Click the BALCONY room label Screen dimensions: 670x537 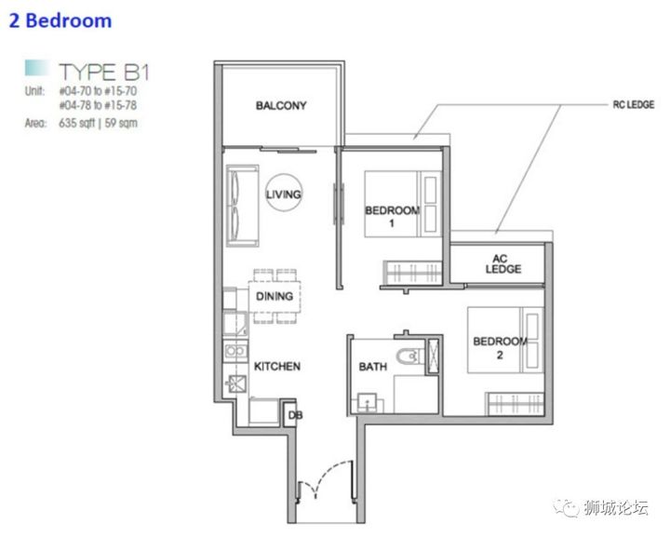281,105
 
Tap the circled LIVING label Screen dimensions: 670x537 284,195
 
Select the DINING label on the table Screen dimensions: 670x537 275,296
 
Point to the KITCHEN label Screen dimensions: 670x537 277,366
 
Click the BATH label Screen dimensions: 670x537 372,367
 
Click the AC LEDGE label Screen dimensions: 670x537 502,263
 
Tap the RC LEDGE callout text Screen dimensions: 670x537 634,104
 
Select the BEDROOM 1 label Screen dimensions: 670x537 393,216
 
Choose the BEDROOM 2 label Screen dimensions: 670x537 500,348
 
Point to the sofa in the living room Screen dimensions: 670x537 242,206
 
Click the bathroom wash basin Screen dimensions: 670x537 367,402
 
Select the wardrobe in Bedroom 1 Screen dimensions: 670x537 412,273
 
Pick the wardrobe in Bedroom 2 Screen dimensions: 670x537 515,403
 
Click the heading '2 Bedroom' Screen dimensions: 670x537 60,20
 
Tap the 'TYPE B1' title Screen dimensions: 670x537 104,72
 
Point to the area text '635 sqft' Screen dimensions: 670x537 77,123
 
